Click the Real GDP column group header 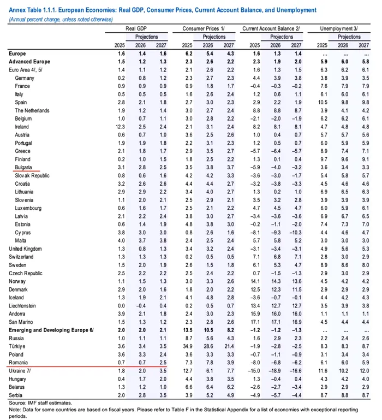click(138, 27)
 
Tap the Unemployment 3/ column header click(339, 27)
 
